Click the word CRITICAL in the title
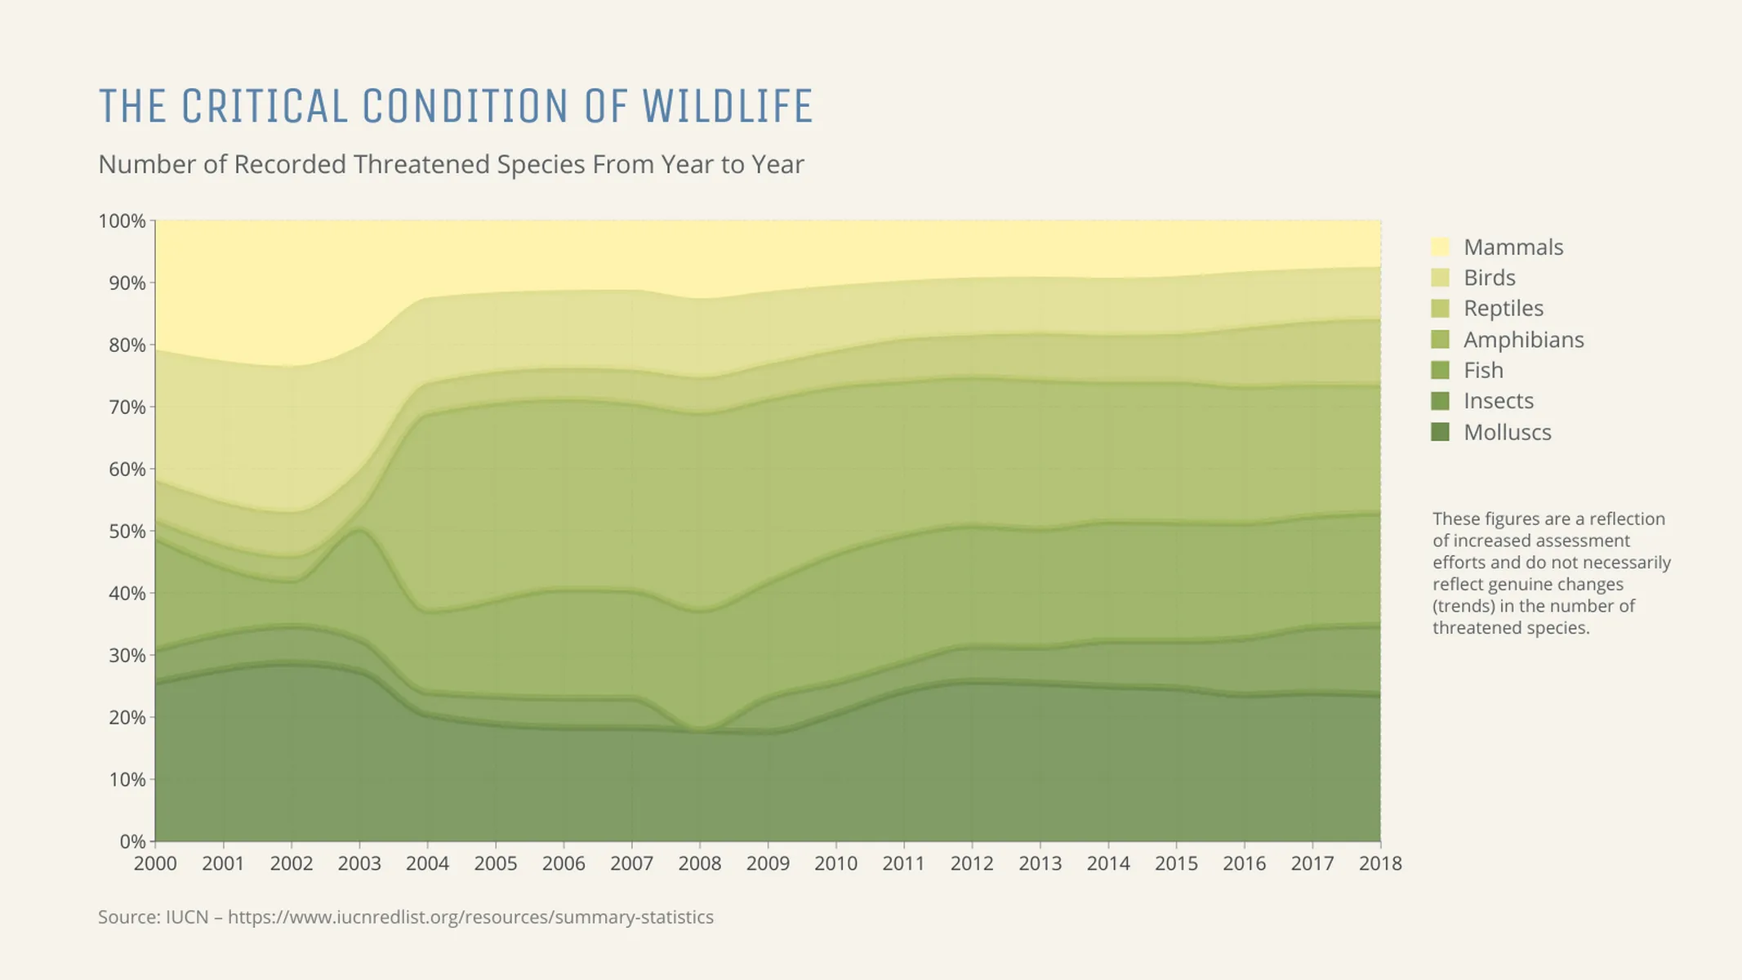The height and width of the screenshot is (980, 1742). (x=265, y=107)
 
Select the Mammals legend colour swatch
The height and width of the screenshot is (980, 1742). (x=1440, y=247)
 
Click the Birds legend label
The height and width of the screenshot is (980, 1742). (x=1489, y=278)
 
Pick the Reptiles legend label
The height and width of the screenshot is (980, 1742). (x=1503, y=309)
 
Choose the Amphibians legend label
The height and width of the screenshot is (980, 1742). (x=1523, y=340)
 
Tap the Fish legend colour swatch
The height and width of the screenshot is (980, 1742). (x=1440, y=370)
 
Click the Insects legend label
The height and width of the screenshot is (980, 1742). (x=1498, y=401)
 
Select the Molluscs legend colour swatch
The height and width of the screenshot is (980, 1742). (x=1440, y=432)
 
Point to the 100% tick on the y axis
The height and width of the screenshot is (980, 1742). (x=123, y=221)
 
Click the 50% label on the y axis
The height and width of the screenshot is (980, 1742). (x=127, y=532)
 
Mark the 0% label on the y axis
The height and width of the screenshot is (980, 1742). (x=131, y=841)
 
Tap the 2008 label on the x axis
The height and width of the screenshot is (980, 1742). (x=700, y=863)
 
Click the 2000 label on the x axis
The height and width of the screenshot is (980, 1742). (x=155, y=863)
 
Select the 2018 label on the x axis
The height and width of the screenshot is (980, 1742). (x=1380, y=863)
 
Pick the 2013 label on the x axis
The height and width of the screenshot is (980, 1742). (x=1040, y=863)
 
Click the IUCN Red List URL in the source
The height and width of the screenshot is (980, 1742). (x=470, y=917)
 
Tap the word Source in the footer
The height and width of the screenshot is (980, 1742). (x=128, y=917)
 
